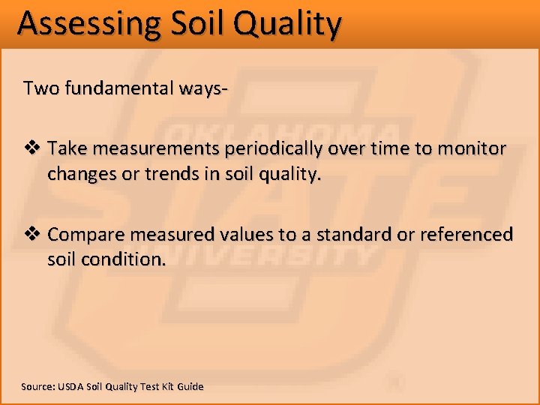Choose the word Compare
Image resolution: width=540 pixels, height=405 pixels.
(86, 235)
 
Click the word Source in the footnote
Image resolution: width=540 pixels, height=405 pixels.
(37, 386)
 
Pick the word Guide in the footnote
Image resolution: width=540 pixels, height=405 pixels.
(190, 386)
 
